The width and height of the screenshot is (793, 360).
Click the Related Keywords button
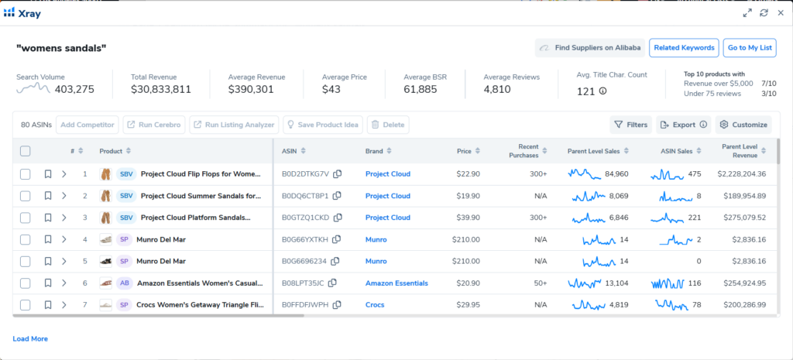pos(684,48)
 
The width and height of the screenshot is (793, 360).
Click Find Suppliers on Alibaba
pos(589,48)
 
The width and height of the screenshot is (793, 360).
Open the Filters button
pos(630,125)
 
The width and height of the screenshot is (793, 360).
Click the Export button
pos(684,125)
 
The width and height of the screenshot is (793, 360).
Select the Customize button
pos(743,125)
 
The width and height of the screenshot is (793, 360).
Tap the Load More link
pos(30,339)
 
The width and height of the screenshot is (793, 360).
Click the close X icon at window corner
pos(781,13)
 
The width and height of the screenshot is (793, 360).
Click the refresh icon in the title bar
pos(764,13)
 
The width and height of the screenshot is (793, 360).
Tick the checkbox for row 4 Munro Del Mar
pos(26,240)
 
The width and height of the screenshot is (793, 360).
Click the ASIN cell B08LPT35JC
pos(303,283)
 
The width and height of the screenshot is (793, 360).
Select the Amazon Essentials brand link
pos(397,283)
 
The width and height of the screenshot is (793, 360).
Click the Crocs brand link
pos(375,305)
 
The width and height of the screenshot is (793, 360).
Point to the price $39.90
pos(468,218)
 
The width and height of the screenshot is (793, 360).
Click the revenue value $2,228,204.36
pos(742,174)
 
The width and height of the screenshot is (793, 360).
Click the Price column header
pos(464,151)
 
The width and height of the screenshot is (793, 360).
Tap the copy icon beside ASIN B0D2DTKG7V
pos(338,174)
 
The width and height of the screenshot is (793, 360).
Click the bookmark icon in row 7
pos(48,305)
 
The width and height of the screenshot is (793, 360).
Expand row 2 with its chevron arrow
pos(64,196)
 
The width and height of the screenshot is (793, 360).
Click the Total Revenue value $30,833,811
pos(161,90)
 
